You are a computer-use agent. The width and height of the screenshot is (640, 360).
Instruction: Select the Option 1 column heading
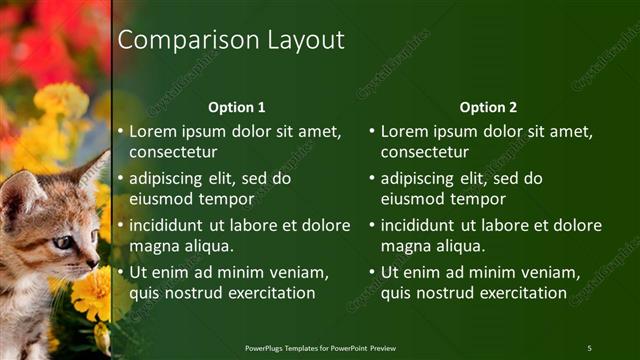[236, 107]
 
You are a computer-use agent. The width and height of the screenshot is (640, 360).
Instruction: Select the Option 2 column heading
[488, 107]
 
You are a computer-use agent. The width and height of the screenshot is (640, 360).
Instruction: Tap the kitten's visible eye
[62, 241]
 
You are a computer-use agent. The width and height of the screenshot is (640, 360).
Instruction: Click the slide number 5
[589, 347]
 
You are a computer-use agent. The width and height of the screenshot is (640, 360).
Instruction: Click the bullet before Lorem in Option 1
[121, 131]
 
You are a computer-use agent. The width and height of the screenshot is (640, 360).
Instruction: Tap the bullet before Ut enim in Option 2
[373, 272]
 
